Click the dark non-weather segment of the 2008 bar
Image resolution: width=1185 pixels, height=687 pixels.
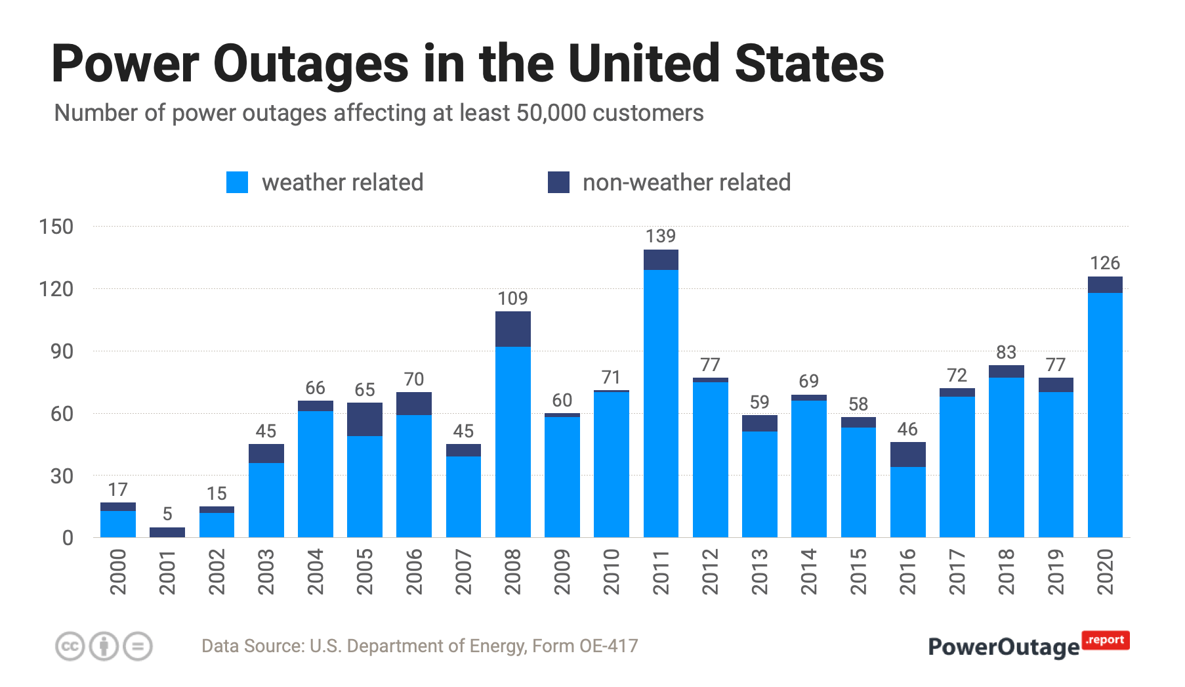click(512, 328)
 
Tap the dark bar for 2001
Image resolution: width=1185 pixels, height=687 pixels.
click(167, 532)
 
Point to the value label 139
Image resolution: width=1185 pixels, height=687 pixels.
click(661, 236)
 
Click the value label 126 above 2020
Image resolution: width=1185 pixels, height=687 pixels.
click(1105, 263)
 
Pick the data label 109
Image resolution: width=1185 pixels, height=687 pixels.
click(512, 298)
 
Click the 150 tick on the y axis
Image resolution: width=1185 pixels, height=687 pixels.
click(56, 227)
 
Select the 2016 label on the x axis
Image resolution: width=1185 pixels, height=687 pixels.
click(907, 572)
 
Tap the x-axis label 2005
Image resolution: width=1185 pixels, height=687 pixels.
click(365, 572)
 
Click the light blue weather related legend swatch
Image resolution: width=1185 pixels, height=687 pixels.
click(237, 183)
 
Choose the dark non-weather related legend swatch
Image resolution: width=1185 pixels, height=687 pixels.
click(558, 183)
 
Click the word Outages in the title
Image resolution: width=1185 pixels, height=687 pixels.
click(311, 64)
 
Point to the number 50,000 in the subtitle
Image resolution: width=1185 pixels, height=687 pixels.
click(551, 113)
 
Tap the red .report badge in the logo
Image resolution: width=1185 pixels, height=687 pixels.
click(1106, 640)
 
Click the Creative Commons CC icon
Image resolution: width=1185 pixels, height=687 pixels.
click(70, 646)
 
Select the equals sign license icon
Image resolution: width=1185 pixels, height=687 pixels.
click(138, 646)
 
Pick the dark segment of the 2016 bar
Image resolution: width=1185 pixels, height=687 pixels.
click(907, 454)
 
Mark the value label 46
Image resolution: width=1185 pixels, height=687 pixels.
click(907, 429)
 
